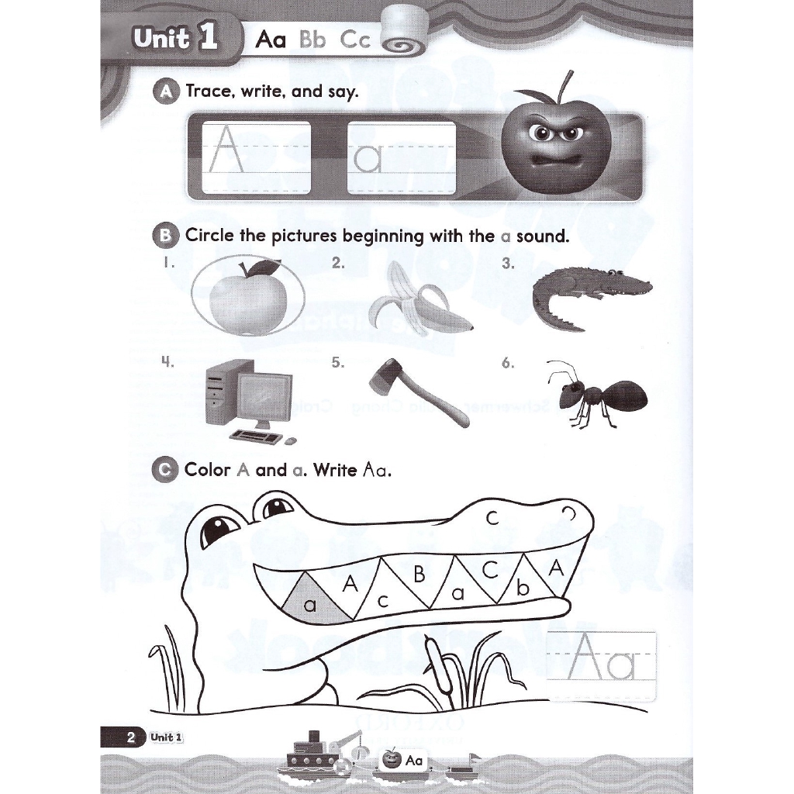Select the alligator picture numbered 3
point(591,295)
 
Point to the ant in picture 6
point(597,394)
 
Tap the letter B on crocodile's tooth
point(419,575)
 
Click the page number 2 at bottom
point(131,737)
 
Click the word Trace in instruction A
point(209,91)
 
